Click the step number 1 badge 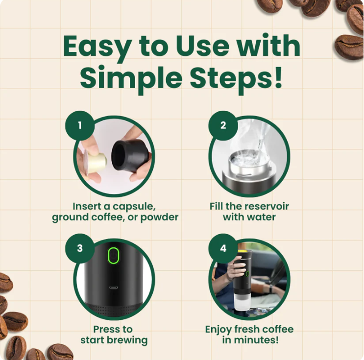[x=79, y=125]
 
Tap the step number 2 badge [x=223, y=125]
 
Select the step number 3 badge [x=80, y=248]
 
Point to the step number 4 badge [x=223, y=248]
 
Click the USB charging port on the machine [x=114, y=288]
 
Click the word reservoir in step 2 [x=267, y=206]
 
